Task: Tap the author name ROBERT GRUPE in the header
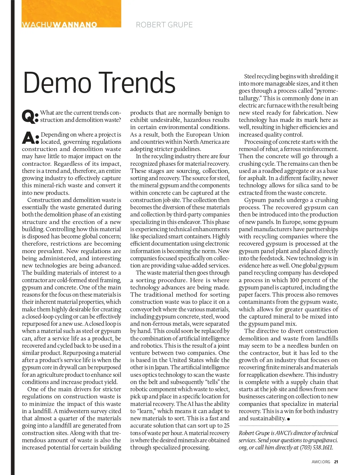[x=164, y=25]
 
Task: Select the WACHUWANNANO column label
[x=59, y=25]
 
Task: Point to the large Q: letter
[x=30, y=116]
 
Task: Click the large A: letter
[x=30, y=138]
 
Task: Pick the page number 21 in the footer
[x=336, y=462]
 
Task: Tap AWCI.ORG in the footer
[x=321, y=462]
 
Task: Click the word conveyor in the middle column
[x=141, y=309]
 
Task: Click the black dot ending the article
[x=289, y=419]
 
